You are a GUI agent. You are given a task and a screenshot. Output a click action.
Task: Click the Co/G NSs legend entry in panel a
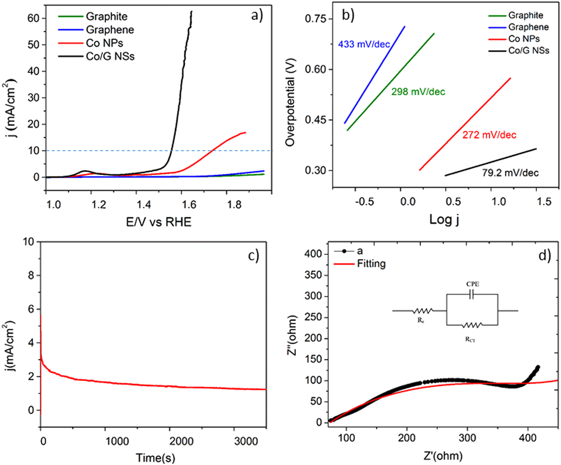[110, 56]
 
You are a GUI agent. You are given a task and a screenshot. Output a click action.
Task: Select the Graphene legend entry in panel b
[528, 27]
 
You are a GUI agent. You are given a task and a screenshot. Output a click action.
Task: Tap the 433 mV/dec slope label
[364, 44]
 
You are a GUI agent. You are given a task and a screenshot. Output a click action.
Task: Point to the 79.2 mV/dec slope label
[510, 173]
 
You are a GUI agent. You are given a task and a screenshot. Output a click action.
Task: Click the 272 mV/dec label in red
[489, 135]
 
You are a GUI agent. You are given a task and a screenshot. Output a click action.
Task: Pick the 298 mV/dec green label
[418, 92]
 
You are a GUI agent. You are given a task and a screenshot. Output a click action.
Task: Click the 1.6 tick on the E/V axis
[189, 204]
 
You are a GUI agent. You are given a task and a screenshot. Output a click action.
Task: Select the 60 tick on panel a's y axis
[34, 18]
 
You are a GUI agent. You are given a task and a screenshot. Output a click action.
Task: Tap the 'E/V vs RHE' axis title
[159, 222]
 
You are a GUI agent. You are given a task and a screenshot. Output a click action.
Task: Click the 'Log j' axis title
[444, 219]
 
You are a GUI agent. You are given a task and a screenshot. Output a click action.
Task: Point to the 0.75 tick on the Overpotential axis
[315, 19]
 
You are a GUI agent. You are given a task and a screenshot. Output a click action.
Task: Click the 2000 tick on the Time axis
[181, 441]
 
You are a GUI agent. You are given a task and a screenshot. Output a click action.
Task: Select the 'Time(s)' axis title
[155, 458]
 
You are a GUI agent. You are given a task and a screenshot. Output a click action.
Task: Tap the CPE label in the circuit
[473, 284]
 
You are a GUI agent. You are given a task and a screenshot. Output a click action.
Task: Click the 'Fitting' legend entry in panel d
[371, 264]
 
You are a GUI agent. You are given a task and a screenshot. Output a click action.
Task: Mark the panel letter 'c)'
[253, 256]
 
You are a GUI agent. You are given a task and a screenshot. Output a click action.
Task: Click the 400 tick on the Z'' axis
[313, 254]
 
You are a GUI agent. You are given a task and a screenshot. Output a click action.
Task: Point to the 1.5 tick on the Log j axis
[544, 201]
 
